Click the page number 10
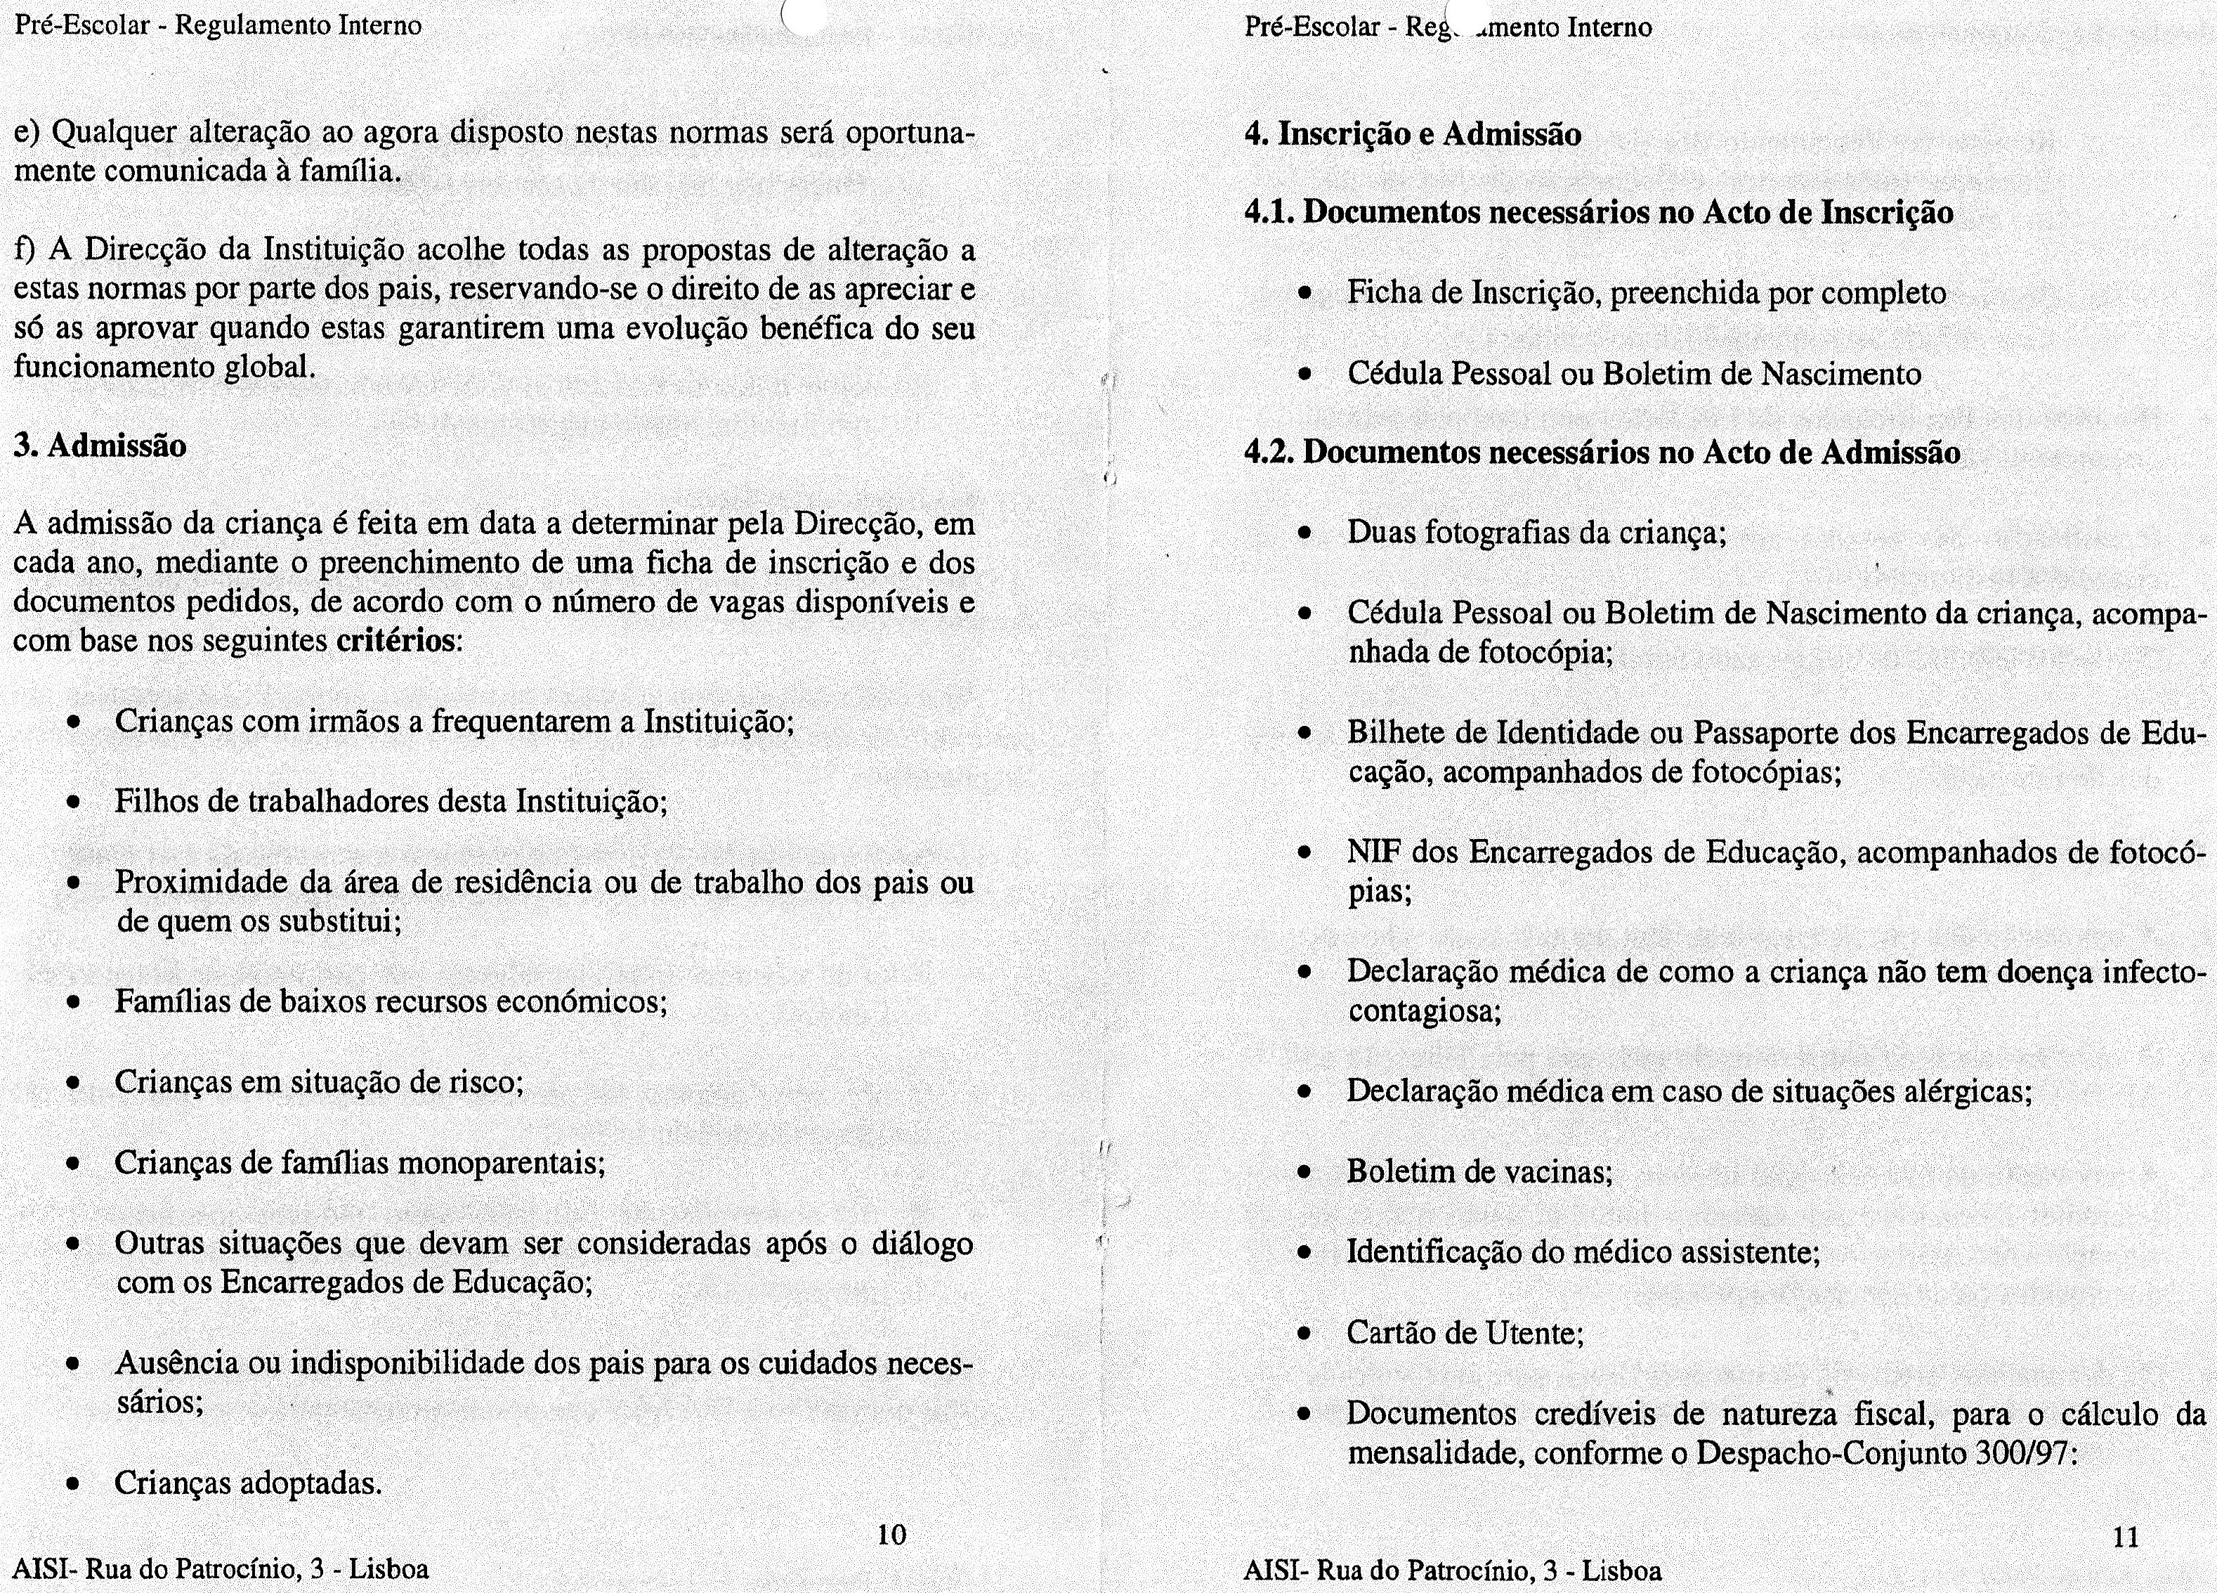891,1535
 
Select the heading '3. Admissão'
100,446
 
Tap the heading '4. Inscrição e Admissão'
1413,134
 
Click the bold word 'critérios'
395,642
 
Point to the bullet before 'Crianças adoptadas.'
72,1485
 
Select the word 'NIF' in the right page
1374,853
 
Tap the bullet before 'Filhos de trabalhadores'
72,803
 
